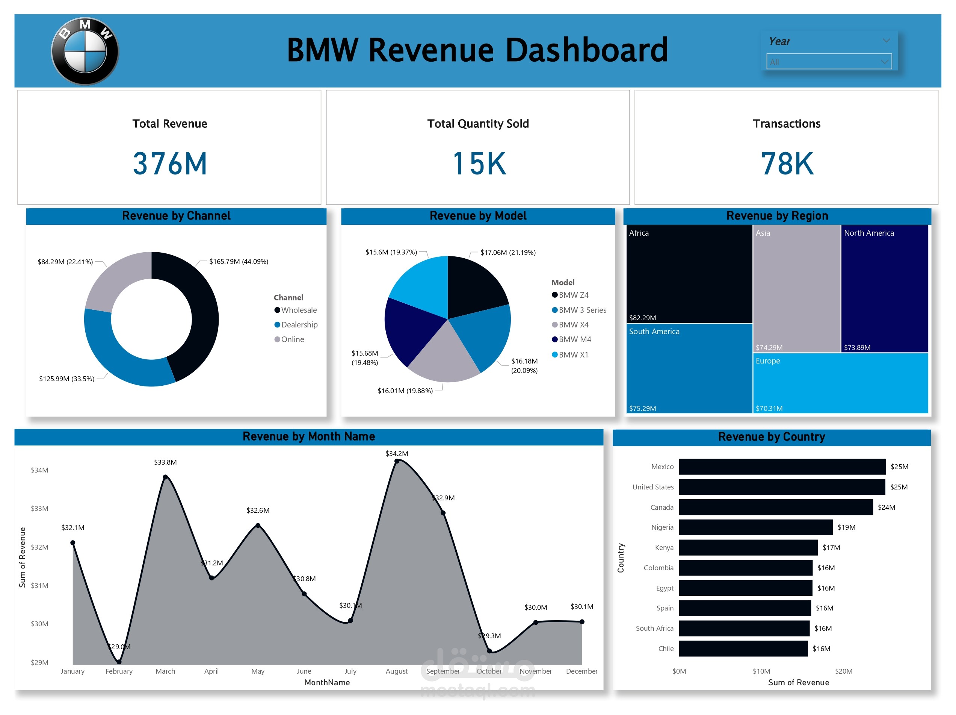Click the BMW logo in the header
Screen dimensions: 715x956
click(x=85, y=51)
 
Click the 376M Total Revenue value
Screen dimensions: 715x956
click(x=170, y=164)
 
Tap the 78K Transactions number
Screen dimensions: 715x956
click(x=787, y=164)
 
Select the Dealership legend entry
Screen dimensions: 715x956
click(x=299, y=325)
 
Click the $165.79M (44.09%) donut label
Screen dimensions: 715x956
click(x=239, y=261)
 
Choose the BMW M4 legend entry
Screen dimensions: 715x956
click(x=574, y=339)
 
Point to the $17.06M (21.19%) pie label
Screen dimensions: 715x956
click(x=508, y=252)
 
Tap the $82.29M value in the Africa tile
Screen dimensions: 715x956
click(x=642, y=318)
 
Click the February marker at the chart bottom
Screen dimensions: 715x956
click(x=119, y=662)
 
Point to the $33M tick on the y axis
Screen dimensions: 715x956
click(x=39, y=509)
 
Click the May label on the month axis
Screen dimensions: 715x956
click(x=258, y=671)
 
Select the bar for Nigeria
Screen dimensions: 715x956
click(x=755, y=527)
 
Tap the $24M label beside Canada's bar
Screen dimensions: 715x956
click(x=886, y=507)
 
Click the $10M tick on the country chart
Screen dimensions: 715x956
click(x=761, y=671)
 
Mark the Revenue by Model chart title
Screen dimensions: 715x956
click(x=477, y=216)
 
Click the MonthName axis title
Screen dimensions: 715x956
click(x=327, y=683)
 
